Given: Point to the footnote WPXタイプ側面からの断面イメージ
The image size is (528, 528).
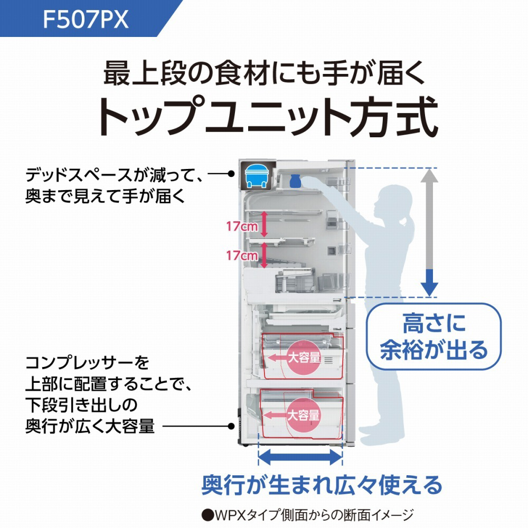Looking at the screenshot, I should tap(306, 514).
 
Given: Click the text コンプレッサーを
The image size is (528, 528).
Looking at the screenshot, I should tap(87, 363).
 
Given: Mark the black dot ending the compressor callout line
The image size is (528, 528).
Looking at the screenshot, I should tap(231, 173).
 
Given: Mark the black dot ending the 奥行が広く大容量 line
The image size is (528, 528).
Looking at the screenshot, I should tap(231, 426).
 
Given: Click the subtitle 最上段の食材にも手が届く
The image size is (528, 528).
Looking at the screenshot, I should tap(264, 74).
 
